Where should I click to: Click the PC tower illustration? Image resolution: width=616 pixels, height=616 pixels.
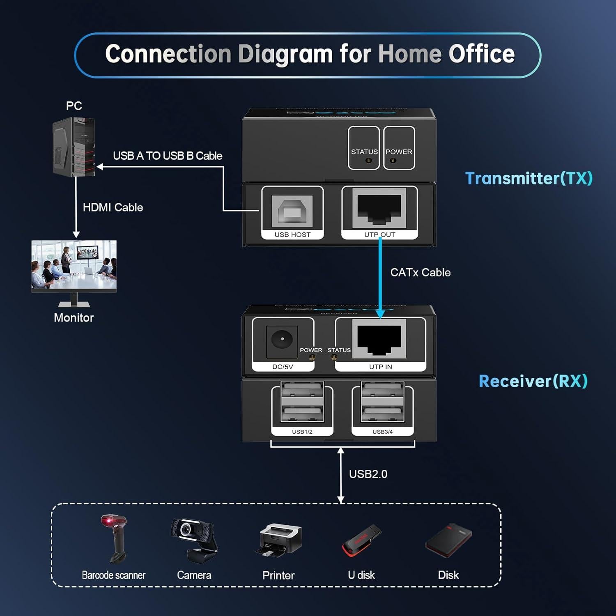point(74,147)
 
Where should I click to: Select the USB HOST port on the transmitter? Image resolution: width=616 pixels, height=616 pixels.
point(292,211)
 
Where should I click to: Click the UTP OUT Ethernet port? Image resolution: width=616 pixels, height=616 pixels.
point(379,208)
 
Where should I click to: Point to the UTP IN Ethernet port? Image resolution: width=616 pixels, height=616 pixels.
point(379,340)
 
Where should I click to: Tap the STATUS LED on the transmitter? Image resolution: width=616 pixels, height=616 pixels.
point(368,161)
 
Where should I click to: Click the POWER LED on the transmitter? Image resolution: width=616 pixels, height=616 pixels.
point(393,161)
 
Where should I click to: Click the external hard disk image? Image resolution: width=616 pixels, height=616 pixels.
point(449,540)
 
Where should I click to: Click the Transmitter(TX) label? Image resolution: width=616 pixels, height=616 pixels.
point(529,178)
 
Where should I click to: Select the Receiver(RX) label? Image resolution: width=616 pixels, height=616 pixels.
point(533,381)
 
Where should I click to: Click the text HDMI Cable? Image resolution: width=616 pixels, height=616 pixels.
point(113,207)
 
